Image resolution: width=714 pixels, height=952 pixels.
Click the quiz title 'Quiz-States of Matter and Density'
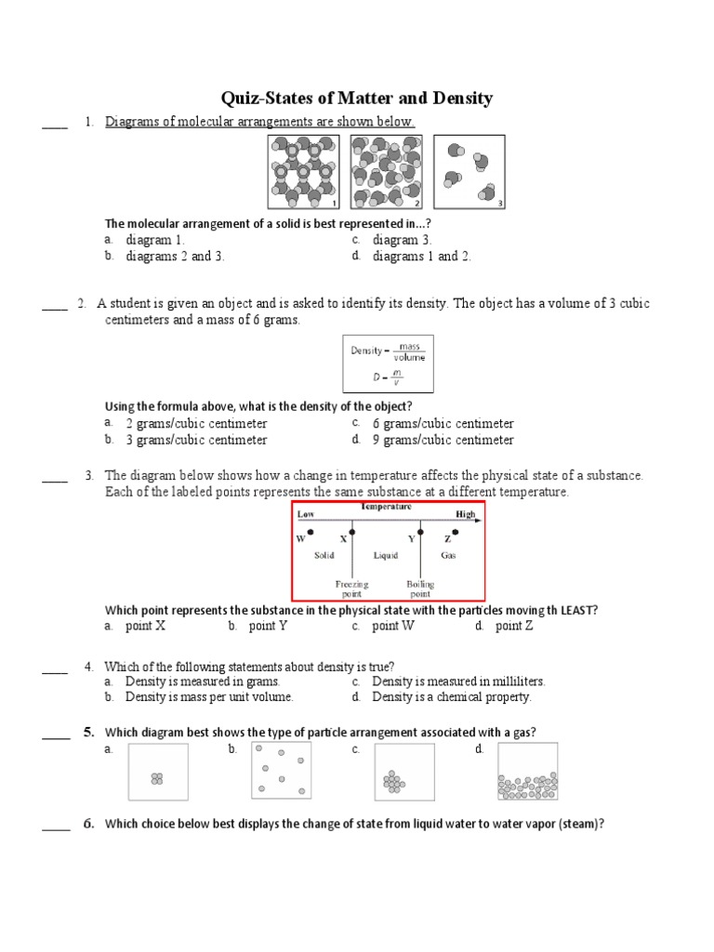pyautogui.click(x=356, y=99)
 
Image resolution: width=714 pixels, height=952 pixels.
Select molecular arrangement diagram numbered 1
pyautogui.click(x=303, y=172)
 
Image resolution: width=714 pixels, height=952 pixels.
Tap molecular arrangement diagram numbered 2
pyautogui.click(x=386, y=172)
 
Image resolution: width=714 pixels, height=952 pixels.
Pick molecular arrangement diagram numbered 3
pyautogui.click(x=469, y=172)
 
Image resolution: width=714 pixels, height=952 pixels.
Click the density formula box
pyautogui.click(x=386, y=363)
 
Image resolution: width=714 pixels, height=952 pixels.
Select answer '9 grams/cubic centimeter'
pyautogui.click(x=443, y=440)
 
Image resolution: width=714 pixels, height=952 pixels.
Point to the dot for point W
pyautogui.click(x=311, y=533)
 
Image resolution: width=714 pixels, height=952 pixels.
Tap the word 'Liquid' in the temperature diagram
pyautogui.click(x=386, y=556)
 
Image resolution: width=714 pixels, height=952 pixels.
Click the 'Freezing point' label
pyautogui.click(x=351, y=588)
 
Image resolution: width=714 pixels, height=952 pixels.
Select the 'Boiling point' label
pyautogui.click(x=420, y=588)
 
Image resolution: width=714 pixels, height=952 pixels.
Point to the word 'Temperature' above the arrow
pyautogui.click(x=387, y=508)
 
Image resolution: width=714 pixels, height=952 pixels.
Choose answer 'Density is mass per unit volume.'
pyautogui.click(x=209, y=696)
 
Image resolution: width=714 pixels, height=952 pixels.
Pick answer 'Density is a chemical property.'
pyautogui.click(x=451, y=696)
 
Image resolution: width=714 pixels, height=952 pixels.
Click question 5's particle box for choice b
pyautogui.click(x=281, y=771)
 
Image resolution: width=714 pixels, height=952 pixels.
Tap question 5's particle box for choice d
pyautogui.click(x=527, y=771)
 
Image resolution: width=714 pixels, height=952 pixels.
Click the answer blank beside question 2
pyautogui.click(x=55, y=308)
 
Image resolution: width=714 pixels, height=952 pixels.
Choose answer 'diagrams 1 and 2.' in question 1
pyautogui.click(x=421, y=257)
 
